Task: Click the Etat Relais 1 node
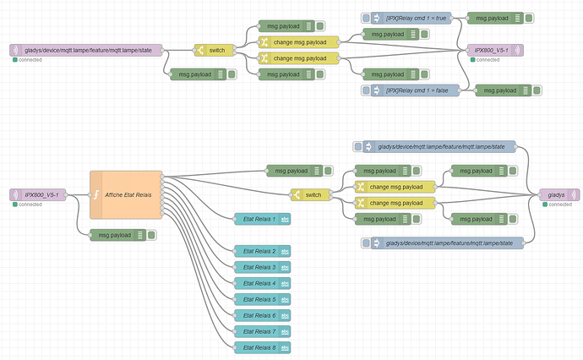tap(263, 219)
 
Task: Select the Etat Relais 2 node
tap(263, 251)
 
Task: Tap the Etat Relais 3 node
tap(263, 267)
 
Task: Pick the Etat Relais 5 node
tap(263, 299)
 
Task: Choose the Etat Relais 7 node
tap(263, 331)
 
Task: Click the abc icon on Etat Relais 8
tap(286, 347)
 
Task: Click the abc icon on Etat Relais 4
tap(286, 283)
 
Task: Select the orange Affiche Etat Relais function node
tap(126, 195)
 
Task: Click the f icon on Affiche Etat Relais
tap(96, 195)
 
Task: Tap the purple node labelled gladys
tap(559, 195)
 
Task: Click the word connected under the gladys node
tap(560, 205)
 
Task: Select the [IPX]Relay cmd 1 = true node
tap(411, 18)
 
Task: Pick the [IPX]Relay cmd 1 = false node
tap(416, 90)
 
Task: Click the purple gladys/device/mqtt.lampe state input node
tap(86, 50)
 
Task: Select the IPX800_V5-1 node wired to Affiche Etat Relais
tap(38, 195)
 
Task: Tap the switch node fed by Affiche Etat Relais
tap(311, 195)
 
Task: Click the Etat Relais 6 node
tap(263, 315)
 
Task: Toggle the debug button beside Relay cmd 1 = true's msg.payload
tap(529, 18)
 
